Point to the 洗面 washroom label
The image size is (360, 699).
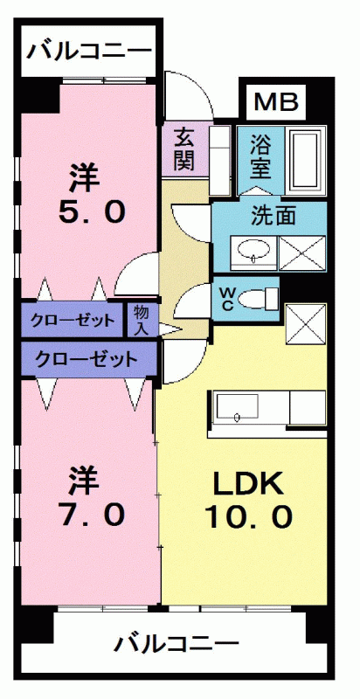[272, 212]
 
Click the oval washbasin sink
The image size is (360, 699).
[253, 251]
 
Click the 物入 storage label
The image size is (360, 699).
[141, 320]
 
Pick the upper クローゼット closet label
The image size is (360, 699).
[73, 320]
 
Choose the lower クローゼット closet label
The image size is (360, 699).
[86, 357]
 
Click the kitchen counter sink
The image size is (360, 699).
[239, 407]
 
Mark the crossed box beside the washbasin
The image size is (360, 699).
[301, 252]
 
